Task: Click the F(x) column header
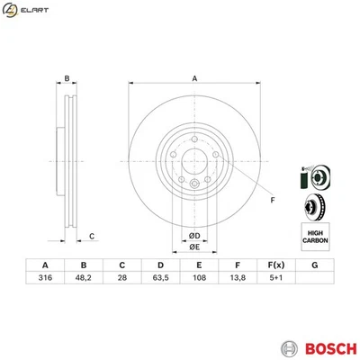point(275,265)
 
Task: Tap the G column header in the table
point(314,265)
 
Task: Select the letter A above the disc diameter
point(193,78)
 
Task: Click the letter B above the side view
point(67,79)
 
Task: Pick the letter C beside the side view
point(91,237)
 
